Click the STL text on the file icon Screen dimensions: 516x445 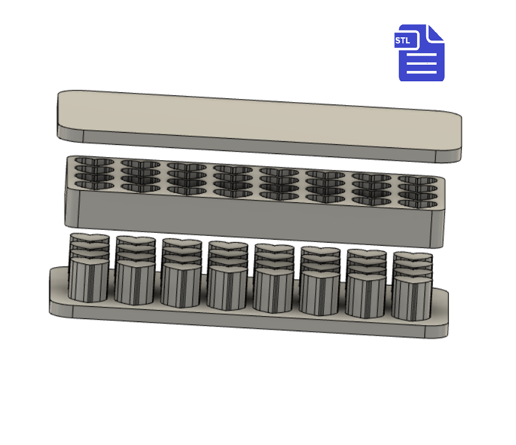coord(402,40)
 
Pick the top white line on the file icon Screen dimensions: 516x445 coord(421,54)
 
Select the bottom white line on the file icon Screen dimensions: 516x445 coord(421,72)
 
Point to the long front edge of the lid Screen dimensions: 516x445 coord(260,144)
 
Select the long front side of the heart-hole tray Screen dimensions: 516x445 coord(255,218)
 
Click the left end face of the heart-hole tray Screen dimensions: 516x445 coord(72,207)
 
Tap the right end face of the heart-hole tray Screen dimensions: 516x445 coord(438,228)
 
